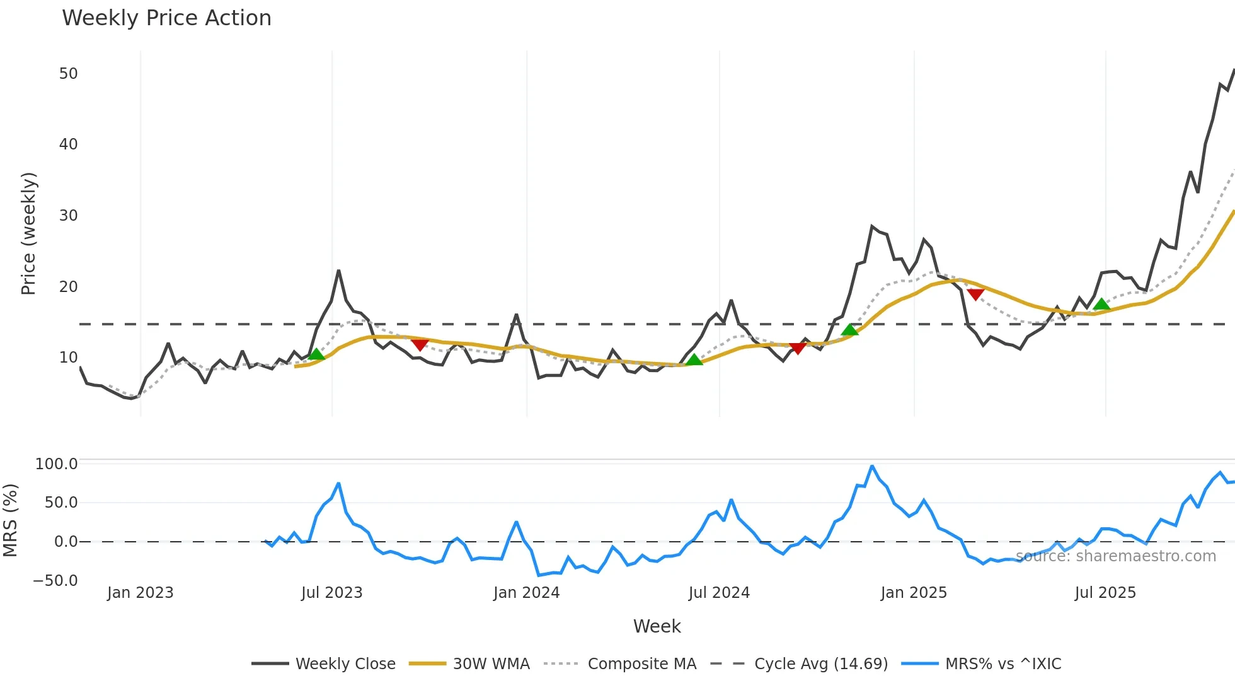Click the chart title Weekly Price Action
166,18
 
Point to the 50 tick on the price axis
68,74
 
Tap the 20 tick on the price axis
68,287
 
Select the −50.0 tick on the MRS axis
55,581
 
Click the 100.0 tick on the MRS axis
56,464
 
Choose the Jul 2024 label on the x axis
719,593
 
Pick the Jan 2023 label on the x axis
140,593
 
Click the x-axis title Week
657,626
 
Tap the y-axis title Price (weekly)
28,233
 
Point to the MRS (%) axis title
10,520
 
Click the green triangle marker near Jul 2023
316,354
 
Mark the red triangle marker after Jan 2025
975,295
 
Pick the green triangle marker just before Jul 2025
1101,305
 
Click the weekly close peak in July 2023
338,271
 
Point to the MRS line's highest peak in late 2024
872,466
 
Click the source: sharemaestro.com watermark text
1115,556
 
